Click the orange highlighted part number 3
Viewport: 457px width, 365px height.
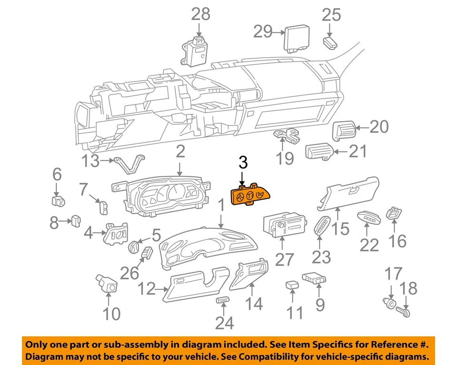pos(249,195)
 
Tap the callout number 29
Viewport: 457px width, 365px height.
pos(263,32)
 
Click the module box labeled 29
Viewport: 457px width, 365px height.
pos(298,37)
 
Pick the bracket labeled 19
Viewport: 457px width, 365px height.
pos(288,136)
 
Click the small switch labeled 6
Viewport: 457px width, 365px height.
pos(58,201)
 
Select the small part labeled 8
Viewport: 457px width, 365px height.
pos(76,221)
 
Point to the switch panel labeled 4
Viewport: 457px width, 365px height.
pos(116,233)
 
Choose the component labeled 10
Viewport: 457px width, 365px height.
pos(108,284)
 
